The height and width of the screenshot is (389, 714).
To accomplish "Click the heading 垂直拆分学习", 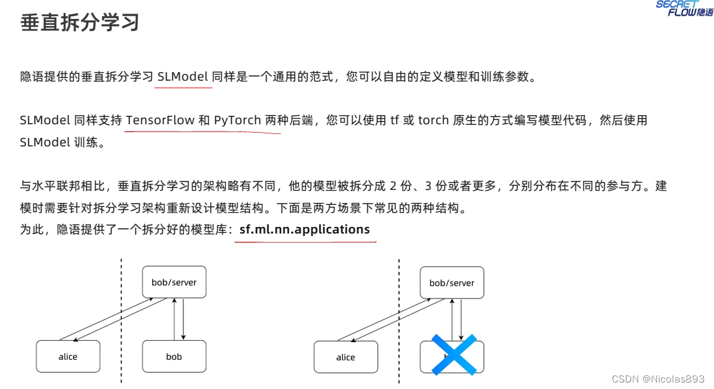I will [80, 23].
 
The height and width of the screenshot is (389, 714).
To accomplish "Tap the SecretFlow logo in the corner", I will [683, 8].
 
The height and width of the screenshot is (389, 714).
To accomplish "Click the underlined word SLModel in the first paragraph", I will [183, 77].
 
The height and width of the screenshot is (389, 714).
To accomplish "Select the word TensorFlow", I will [159, 120].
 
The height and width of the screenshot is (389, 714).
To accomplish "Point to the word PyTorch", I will [238, 120].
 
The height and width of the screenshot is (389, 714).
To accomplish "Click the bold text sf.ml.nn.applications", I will [305, 229].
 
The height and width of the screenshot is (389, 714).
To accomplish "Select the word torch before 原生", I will [433, 120].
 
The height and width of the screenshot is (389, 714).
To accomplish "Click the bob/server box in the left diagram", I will [174, 282].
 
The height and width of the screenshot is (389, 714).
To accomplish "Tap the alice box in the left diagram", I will [68, 356].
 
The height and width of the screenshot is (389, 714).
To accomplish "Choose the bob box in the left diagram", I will [174, 356].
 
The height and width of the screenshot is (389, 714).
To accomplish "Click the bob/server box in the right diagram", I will [452, 282].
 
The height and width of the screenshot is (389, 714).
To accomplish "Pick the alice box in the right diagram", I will [346, 356].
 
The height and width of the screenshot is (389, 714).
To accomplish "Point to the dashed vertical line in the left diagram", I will [121, 319].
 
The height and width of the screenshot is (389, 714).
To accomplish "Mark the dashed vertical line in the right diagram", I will [399, 319].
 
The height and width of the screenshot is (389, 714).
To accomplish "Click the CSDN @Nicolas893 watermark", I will [659, 379].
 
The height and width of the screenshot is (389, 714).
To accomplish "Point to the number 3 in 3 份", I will [428, 186].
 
